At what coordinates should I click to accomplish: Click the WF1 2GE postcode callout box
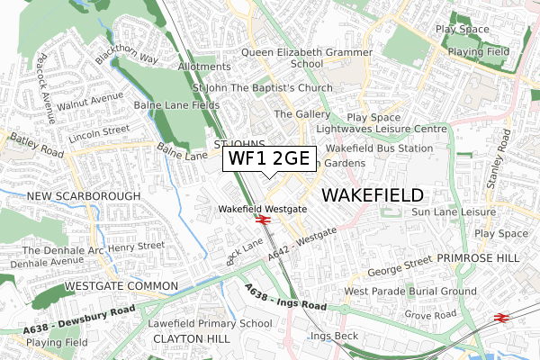269,158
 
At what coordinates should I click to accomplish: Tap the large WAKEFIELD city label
372,195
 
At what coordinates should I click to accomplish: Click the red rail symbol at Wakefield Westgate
263,220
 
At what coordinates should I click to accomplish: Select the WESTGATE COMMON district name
121,287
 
